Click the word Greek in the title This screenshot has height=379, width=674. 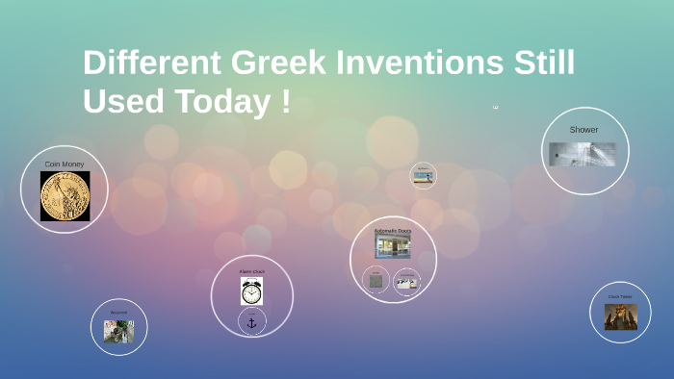280,63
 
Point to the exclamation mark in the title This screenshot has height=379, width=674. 286,101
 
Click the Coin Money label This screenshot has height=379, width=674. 65,164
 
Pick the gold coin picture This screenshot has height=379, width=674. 65,196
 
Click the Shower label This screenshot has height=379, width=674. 583,130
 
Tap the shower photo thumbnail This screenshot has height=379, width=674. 583,154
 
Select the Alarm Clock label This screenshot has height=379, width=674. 251,272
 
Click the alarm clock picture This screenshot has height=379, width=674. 251,292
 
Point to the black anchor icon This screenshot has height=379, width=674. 252,323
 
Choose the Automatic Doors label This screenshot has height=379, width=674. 393,232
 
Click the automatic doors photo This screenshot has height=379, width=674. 393,247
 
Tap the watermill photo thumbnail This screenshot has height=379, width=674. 118,331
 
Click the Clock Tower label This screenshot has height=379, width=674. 620,297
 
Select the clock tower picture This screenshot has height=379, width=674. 620,317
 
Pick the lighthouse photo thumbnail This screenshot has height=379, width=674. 423,177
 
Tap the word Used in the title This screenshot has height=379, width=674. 121,101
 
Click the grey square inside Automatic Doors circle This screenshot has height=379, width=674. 376,281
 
